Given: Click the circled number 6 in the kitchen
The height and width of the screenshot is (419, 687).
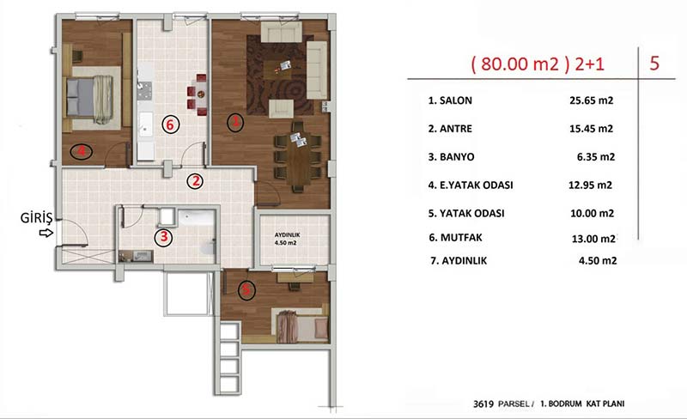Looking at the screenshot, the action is [170, 124].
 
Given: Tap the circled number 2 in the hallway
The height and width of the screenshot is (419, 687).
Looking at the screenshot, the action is [195, 180].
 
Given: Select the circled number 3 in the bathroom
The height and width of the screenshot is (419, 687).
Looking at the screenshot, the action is [163, 237].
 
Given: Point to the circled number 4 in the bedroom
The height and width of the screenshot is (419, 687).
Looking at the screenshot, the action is [81, 152].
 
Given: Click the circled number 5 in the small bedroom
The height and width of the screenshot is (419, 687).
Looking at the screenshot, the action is [246, 290].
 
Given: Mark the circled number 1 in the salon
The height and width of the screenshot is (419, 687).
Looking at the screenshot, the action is [235, 122].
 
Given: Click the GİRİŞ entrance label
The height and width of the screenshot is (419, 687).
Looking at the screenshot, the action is [36, 217].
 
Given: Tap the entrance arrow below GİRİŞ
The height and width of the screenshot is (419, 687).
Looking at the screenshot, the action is [46, 233].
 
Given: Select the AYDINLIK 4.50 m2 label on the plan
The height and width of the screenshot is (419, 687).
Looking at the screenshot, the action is [287, 239].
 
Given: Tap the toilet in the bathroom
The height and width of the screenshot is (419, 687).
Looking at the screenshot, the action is [208, 246].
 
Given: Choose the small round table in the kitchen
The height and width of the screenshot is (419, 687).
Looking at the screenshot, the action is [201, 94].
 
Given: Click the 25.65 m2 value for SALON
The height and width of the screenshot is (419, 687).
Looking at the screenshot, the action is [591, 100].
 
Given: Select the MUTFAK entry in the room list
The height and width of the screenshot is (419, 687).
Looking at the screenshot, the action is [456, 238].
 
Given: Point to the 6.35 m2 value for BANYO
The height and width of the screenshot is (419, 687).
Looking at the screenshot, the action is [596, 157].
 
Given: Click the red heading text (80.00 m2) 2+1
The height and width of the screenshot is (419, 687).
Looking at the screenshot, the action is [538, 64].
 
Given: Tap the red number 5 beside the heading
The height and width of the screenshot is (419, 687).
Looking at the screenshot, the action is [654, 64].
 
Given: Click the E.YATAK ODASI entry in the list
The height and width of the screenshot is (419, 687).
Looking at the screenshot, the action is [471, 185].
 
